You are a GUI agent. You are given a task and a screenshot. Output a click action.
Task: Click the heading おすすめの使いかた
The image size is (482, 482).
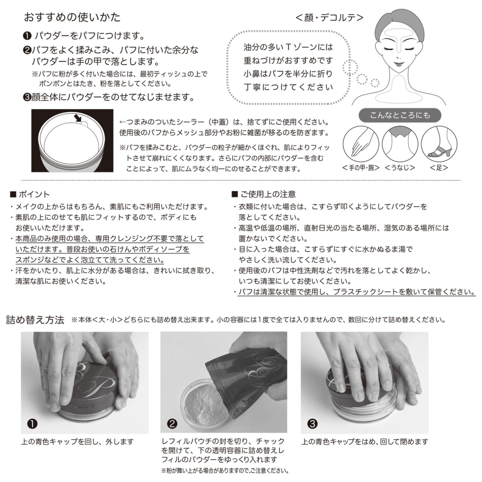(x=72, y=17)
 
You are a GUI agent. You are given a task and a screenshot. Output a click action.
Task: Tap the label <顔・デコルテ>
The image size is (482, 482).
(x=329, y=17)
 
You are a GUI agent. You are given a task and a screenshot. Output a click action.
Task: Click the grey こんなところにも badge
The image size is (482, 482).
(x=400, y=115)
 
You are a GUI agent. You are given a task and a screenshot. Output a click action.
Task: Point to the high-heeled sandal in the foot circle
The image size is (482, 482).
(x=438, y=151)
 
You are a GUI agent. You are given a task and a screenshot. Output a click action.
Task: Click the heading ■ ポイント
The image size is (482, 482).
(x=30, y=194)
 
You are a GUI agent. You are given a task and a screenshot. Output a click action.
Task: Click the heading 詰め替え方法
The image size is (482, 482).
(x=35, y=320)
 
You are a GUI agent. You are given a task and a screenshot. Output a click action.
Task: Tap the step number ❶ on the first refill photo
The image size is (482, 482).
(x=32, y=424)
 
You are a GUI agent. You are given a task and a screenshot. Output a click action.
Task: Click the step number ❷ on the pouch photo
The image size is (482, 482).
(x=173, y=424)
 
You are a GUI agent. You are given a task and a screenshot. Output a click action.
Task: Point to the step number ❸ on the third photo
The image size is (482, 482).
(x=312, y=424)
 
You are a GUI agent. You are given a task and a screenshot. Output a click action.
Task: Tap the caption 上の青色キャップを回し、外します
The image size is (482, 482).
(x=77, y=442)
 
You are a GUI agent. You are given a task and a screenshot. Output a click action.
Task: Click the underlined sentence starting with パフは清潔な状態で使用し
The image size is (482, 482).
(x=357, y=292)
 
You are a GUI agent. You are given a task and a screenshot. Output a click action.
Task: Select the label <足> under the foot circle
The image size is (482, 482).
(x=439, y=167)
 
